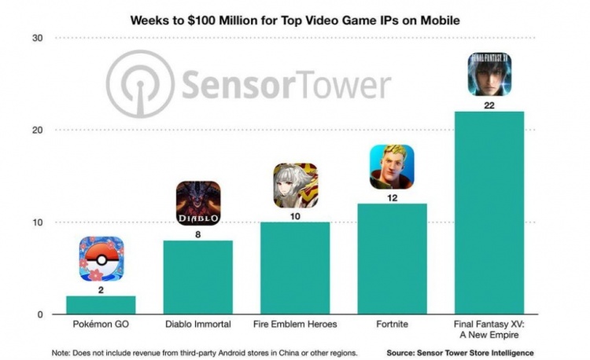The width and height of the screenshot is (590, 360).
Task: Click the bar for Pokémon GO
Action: click(101, 305)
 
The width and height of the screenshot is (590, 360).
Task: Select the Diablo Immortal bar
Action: click(198, 277)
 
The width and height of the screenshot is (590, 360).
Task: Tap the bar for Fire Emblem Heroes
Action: click(295, 268)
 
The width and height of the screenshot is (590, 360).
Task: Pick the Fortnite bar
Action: click(392, 259)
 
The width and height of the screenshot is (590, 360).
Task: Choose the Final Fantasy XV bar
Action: click(489, 213)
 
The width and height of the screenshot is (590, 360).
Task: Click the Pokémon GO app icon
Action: click(101, 259)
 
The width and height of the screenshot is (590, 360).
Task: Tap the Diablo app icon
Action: click(198, 204)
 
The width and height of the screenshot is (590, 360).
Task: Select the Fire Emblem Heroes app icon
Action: click(295, 186)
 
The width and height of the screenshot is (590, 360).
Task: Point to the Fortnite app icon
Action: click(392, 167)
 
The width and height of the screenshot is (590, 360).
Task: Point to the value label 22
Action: click(489, 105)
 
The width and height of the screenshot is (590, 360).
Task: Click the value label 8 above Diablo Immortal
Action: click(198, 233)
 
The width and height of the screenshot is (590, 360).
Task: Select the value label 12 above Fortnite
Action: click(392, 197)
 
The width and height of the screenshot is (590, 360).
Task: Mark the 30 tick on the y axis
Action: click(38, 39)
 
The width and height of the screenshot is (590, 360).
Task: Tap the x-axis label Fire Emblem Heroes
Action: click(295, 323)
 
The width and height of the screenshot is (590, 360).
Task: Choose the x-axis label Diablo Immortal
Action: click(198, 323)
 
